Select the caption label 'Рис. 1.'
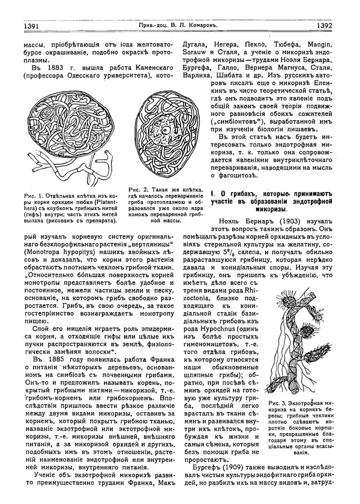pyautogui.click(x=28, y=196)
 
